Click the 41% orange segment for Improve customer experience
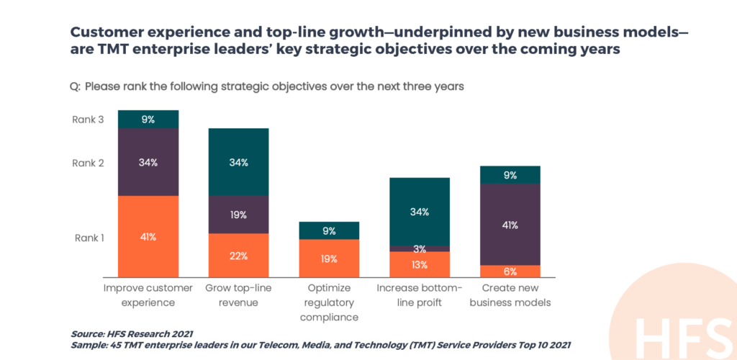coord(148,236)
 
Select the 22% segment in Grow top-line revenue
coord(238,256)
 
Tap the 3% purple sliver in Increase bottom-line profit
coord(420,248)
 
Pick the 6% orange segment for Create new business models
coord(510,271)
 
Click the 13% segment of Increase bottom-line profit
coord(420,264)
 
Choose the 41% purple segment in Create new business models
coord(510,224)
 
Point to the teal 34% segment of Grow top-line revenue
coord(238,162)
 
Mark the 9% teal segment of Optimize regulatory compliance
coord(329,230)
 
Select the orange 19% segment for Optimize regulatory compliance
coord(329,258)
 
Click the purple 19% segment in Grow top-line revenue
coord(238,215)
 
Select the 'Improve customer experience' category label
coord(148,295)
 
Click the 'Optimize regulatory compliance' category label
coord(329,302)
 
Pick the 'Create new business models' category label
coord(510,295)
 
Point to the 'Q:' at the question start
coord(74,86)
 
